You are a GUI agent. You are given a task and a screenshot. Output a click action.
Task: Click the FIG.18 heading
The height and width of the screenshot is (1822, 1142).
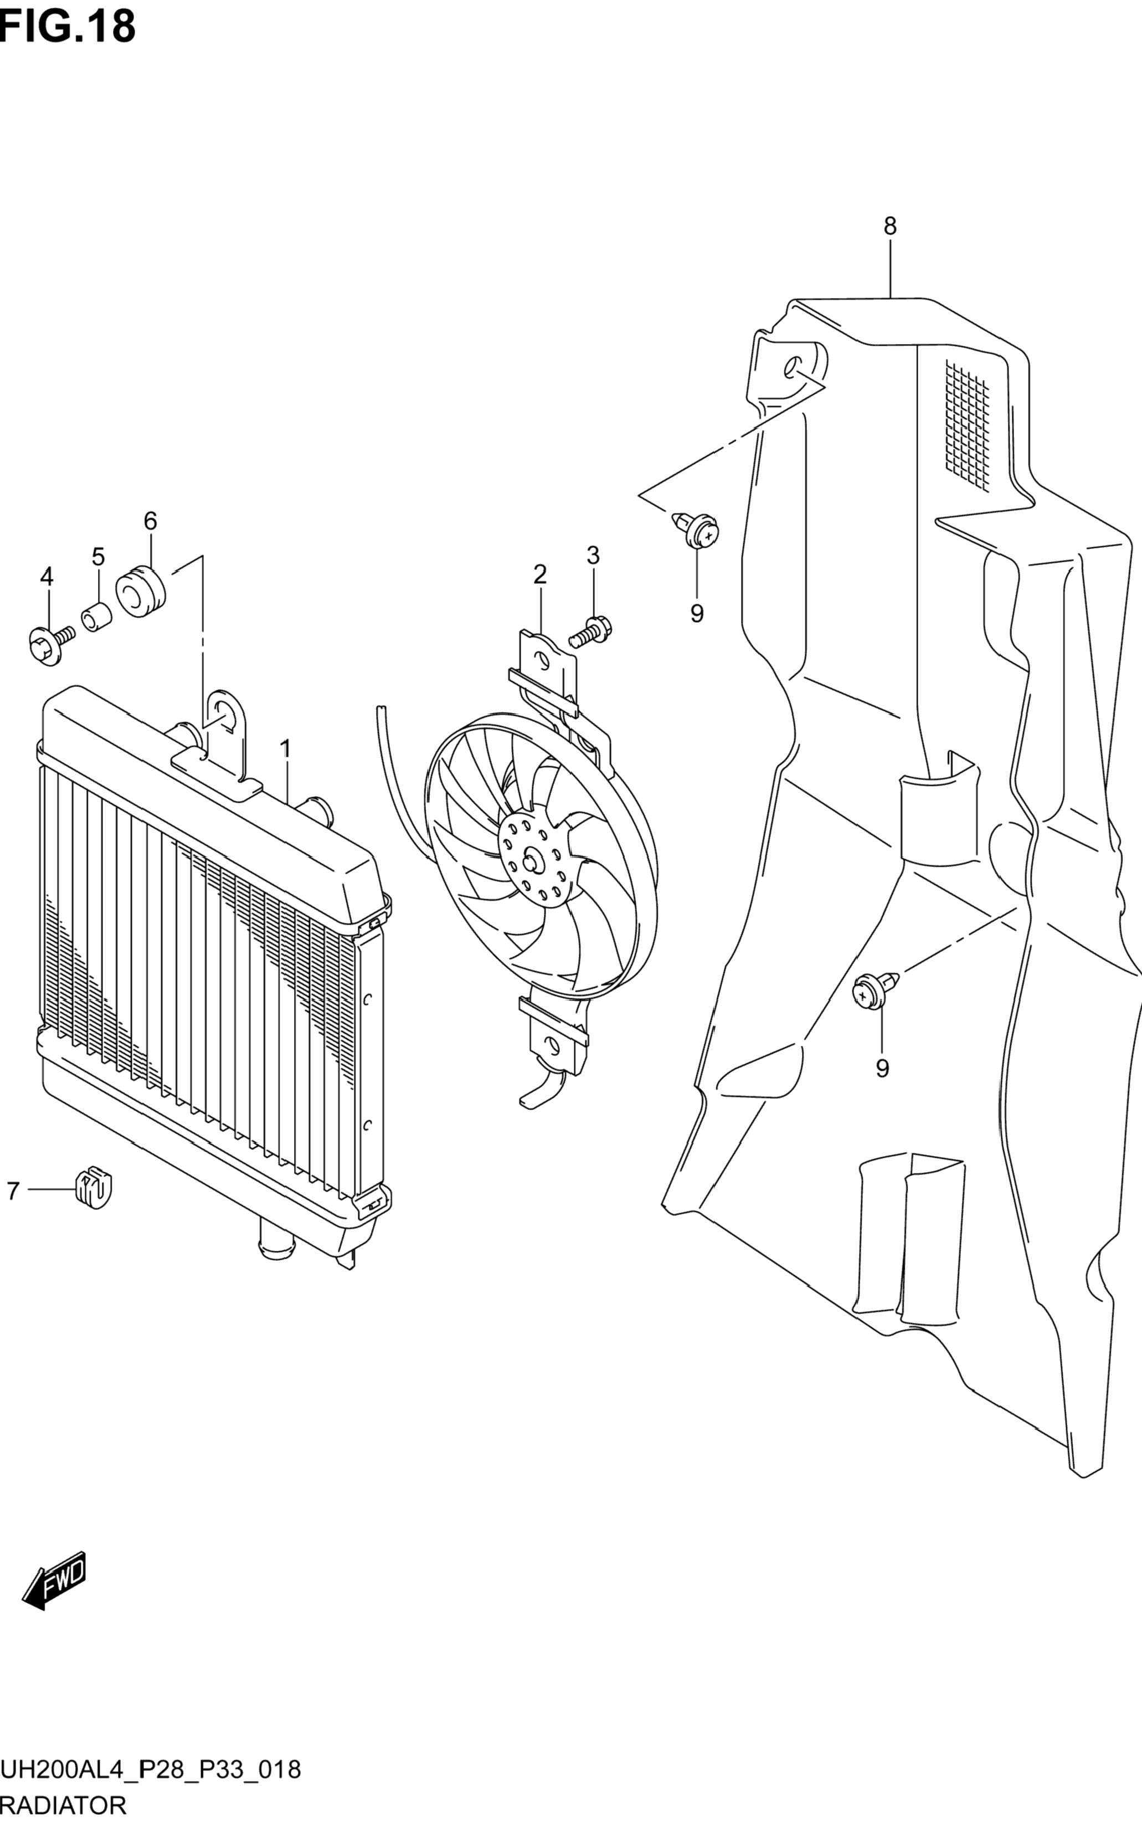(68, 28)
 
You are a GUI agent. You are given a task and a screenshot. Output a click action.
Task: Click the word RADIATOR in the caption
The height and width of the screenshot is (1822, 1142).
(64, 1805)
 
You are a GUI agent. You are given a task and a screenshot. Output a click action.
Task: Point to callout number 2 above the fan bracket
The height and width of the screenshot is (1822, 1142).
(539, 575)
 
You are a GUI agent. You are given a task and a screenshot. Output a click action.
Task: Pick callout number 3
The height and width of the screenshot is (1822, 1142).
(593, 555)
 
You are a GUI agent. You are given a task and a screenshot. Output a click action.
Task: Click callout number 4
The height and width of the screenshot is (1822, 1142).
(47, 577)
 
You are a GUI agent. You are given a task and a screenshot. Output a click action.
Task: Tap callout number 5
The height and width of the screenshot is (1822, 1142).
(98, 557)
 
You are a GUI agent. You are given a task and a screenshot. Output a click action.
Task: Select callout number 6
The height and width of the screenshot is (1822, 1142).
(150, 521)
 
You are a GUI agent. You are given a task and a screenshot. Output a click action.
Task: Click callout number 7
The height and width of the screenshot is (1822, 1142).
(12, 1190)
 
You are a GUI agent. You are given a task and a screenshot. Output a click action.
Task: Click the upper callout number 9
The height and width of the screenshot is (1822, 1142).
(696, 613)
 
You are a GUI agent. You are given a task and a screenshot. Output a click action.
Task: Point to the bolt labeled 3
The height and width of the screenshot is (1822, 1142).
(590, 632)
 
